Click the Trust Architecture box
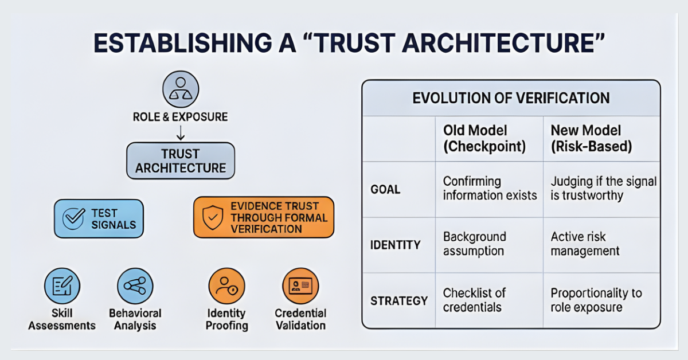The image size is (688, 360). click(x=181, y=161)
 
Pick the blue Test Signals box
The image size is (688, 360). click(x=99, y=218)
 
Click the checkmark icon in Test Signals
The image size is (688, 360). click(x=74, y=219)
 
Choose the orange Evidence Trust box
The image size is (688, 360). click(x=263, y=217)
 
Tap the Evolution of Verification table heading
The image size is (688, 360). click(x=511, y=98)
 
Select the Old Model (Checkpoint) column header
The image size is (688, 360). click(x=484, y=138)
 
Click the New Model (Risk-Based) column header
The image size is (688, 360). click(x=591, y=138)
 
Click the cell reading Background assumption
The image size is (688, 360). click(x=474, y=244)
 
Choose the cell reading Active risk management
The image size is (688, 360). click(x=585, y=244)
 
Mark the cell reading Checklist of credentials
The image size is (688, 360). click(x=475, y=300)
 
